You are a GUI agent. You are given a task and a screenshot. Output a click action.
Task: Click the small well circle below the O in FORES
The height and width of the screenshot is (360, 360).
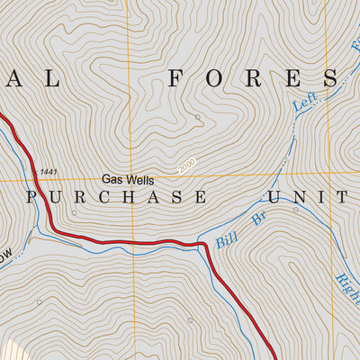[198, 117]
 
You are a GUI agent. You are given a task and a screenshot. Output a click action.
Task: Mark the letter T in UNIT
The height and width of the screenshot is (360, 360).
[341, 197]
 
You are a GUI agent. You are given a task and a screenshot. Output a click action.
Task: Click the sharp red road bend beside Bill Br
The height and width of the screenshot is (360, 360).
[207, 246]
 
